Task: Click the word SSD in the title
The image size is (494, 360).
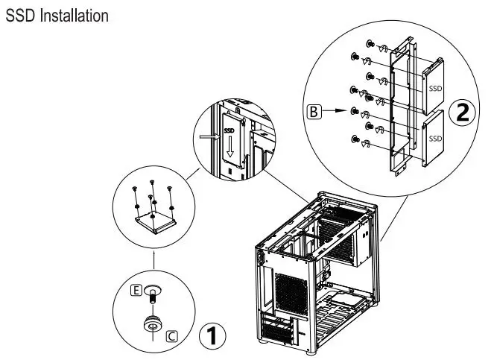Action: pos(18,14)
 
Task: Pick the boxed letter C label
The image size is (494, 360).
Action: pos(171,336)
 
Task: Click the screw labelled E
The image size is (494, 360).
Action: pos(153,292)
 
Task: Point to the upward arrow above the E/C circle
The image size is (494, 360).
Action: pos(152,259)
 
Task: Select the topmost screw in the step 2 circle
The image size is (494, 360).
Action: pos(370,45)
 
